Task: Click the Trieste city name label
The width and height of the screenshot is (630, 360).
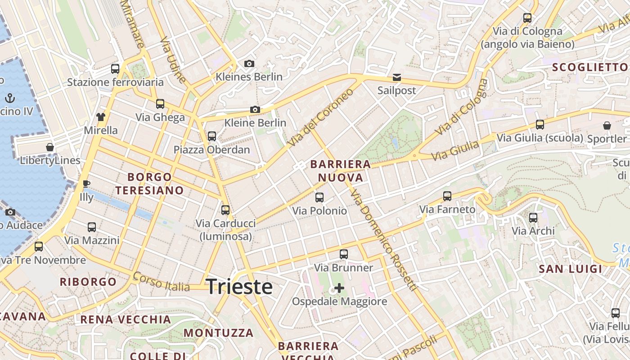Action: tap(239, 287)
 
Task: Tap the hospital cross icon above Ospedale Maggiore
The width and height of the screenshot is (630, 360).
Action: tap(339, 288)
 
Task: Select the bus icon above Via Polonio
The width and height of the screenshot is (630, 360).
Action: tap(319, 197)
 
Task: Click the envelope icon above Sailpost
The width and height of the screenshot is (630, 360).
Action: tap(396, 77)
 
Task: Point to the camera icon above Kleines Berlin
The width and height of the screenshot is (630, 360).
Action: tap(249, 64)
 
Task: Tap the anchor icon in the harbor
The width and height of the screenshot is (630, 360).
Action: tap(10, 98)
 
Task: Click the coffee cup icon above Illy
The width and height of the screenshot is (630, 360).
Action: tap(86, 184)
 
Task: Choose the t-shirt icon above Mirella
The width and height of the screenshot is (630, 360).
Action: tap(100, 117)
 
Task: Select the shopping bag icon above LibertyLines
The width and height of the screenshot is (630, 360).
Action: tap(50, 147)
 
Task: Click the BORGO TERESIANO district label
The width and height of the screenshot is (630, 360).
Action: tap(149, 184)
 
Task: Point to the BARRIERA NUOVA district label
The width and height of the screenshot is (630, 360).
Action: tap(341, 171)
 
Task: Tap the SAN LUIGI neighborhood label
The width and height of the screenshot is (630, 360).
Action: tap(570, 269)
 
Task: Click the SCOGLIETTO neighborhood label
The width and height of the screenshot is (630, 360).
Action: tap(589, 67)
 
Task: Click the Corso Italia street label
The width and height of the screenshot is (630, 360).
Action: tap(161, 282)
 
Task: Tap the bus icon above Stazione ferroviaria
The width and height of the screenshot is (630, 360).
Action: tap(115, 69)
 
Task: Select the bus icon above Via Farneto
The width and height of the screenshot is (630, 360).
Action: tap(447, 196)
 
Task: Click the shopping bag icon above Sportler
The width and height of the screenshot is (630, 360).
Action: tap(607, 126)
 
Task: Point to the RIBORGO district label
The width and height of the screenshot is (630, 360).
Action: tap(88, 282)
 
